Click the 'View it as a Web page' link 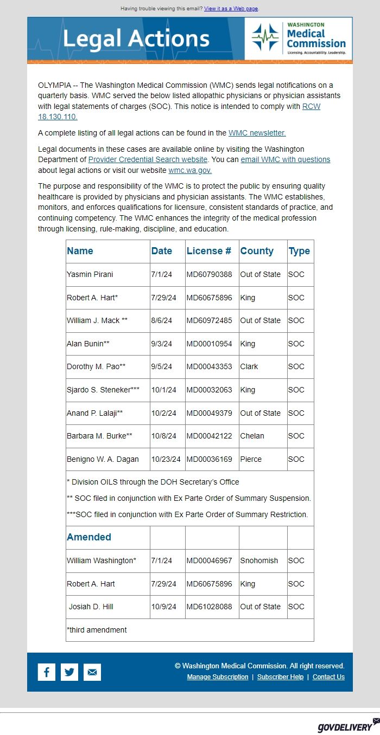point(231,9)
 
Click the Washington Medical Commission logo point(298,38)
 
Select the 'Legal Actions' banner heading point(136,39)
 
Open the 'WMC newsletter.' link point(257,133)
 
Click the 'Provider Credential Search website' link point(148,159)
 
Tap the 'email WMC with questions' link point(285,159)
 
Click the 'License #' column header point(209,251)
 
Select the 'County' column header point(257,251)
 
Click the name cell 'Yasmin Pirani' point(90,274)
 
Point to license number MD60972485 point(209,320)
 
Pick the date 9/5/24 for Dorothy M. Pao point(161,366)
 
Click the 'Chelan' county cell point(252,436)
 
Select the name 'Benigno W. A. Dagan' point(103,459)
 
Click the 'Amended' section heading point(89,537)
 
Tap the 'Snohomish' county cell point(259,560)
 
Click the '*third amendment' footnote point(97,630)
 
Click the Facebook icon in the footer point(47,672)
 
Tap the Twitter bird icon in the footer point(69,672)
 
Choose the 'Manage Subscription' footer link point(217,677)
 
